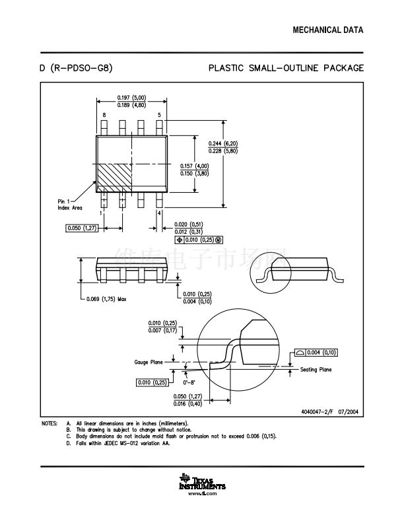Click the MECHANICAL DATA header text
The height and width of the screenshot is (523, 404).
tap(328, 30)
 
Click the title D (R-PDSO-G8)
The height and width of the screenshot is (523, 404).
tap(76, 68)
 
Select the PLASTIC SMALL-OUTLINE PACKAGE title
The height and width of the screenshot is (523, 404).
tap(286, 68)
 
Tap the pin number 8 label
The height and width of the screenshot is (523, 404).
tap(104, 115)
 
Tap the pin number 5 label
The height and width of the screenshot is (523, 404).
tap(159, 115)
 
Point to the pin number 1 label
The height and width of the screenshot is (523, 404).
tap(100, 213)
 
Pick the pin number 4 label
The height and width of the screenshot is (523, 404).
tap(159, 213)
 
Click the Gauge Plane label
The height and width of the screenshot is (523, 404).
tap(149, 361)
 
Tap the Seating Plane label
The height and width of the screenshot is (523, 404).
tap(316, 370)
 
